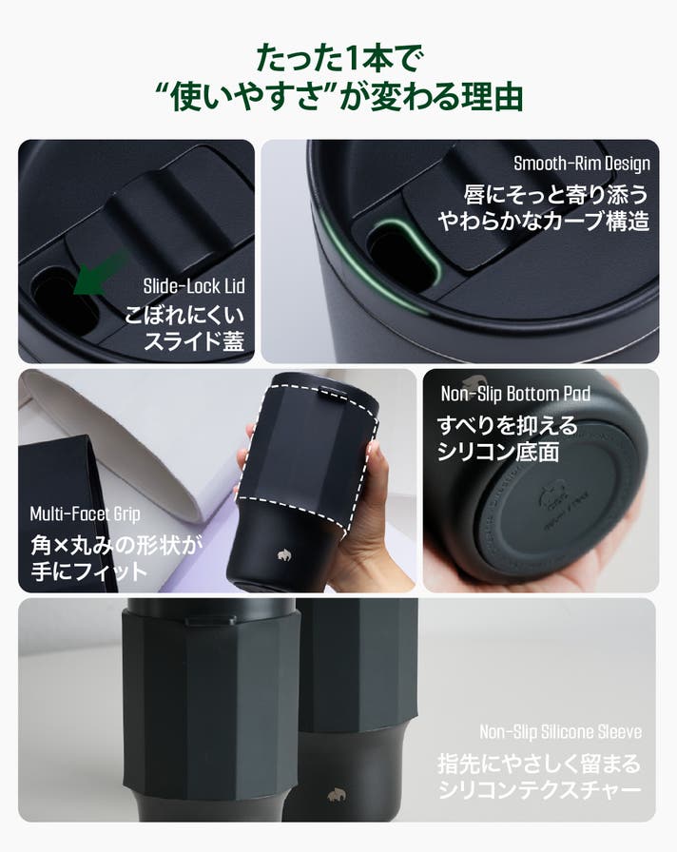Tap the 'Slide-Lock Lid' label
pyautogui.click(x=194, y=286)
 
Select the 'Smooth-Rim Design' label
pyautogui.click(x=581, y=163)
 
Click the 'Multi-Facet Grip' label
pyautogui.click(x=86, y=513)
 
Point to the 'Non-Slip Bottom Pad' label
pyautogui.click(x=515, y=394)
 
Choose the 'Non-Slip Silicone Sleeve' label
pyautogui.click(x=560, y=732)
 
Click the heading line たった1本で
pyautogui.click(x=338, y=58)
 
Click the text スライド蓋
pyautogui.click(x=194, y=340)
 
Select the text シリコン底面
pyautogui.click(x=498, y=452)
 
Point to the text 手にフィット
pyautogui.click(x=89, y=571)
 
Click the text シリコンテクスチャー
pyautogui.click(x=539, y=789)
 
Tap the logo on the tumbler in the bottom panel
pyautogui.click(x=336, y=794)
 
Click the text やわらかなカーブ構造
pyautogui.click(x=543, y=222)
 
